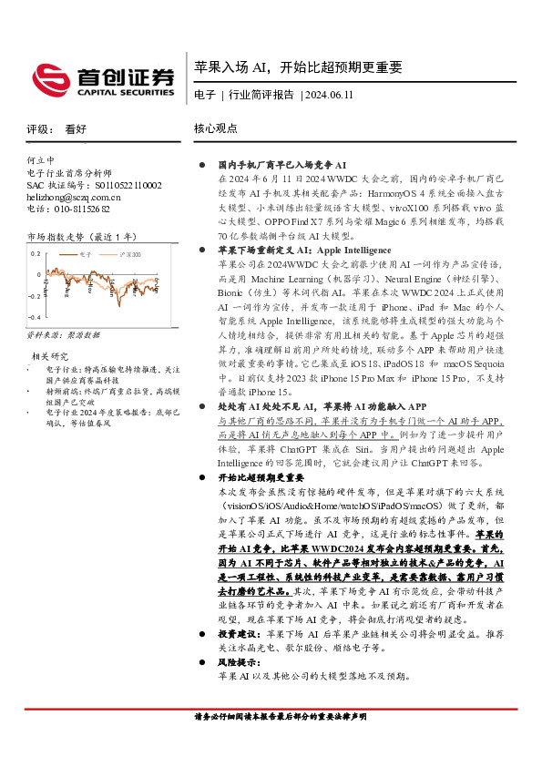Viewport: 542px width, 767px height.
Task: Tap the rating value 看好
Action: coord(76,129)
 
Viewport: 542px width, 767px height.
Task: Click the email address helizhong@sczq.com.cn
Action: coord(73,196)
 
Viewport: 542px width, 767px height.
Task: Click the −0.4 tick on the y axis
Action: coord(33,316)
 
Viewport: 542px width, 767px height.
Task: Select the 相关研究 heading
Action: coord(50,356)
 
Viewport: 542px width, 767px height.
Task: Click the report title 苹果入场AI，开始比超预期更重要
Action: coord(297,67)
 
